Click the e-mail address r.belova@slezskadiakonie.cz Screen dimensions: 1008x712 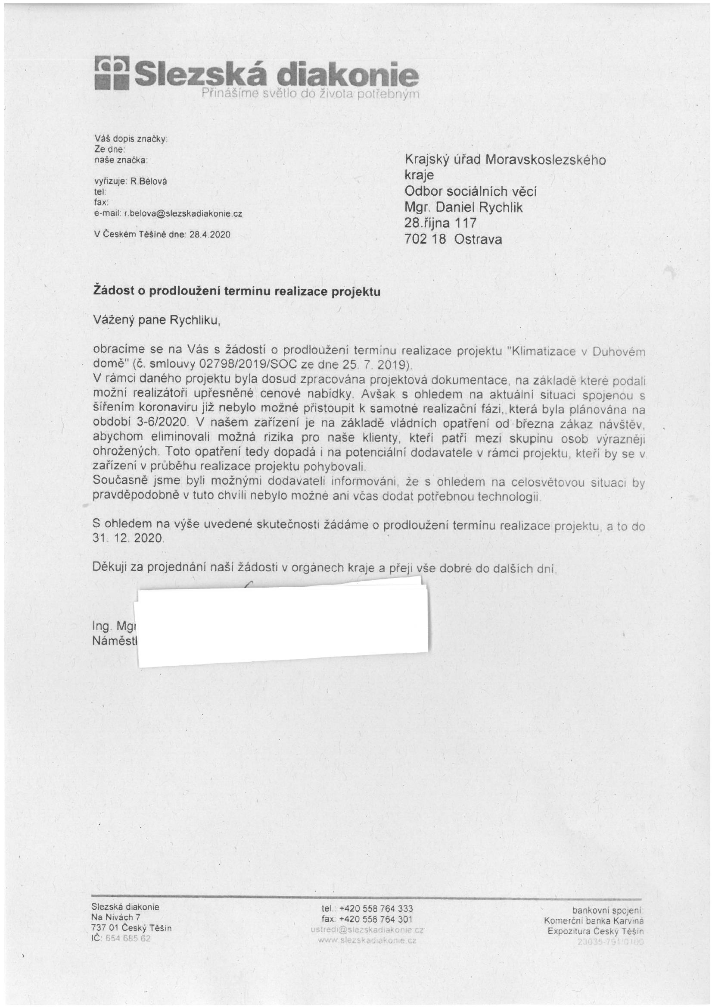point(183,214)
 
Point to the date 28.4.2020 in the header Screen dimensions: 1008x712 point(210,235)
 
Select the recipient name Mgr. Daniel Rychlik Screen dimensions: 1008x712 point(463,207)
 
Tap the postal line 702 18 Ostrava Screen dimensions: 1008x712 point(453,239)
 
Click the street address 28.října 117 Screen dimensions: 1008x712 point(440,223)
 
